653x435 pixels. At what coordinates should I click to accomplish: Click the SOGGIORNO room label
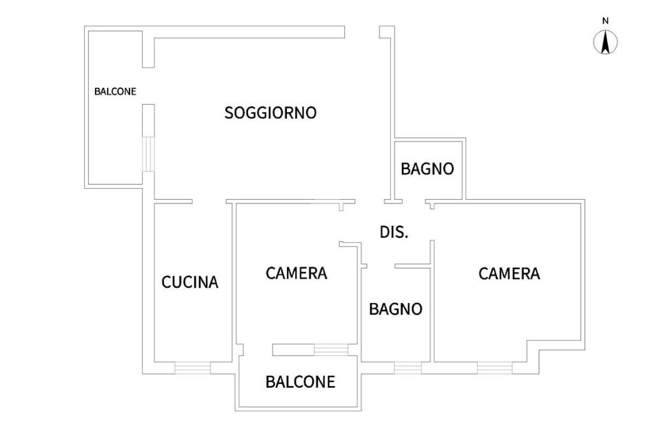coord(270,113)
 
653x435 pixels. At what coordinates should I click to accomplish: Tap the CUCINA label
coord(190,282)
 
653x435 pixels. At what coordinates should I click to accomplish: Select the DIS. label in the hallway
coord(394,232)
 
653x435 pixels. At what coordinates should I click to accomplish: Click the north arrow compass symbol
coord(606,43)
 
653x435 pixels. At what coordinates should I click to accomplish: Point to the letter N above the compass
coord(606,21)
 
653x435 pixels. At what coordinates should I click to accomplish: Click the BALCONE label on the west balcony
coord(115,91)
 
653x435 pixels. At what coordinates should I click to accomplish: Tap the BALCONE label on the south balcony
coord(300,382)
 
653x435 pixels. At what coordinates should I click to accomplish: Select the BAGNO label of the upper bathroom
coord(427,169)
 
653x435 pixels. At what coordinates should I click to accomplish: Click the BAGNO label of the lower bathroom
coord(395,309)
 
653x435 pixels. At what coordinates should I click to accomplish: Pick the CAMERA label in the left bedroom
coord(297,274)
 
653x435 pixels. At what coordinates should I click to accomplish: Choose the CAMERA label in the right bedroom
coord(509,274)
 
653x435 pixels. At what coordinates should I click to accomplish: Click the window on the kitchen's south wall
coord(193,368)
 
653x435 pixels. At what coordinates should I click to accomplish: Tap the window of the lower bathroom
coord(407,368)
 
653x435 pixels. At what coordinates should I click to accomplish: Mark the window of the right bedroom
coord(494,368)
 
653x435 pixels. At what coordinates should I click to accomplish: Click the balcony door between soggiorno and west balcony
coord(148,154)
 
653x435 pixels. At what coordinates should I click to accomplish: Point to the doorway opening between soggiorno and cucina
coord(209,202)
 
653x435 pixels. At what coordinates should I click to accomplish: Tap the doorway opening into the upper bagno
coord(414,202)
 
